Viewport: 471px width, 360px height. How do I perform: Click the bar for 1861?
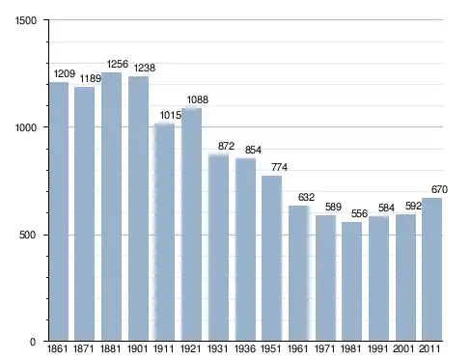59,211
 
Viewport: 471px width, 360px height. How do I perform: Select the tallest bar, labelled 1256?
111,207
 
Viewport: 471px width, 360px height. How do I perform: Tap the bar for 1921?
191,225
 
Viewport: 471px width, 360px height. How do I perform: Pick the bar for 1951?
271,258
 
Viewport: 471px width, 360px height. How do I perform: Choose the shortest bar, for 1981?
351,282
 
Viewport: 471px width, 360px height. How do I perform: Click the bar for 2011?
431,269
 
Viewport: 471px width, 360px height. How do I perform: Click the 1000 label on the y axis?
26,127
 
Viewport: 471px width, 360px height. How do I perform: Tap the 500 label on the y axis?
27,235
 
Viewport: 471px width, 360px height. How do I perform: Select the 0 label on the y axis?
33,342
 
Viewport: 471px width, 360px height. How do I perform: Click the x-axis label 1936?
245,348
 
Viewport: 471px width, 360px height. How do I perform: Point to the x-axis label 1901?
137,348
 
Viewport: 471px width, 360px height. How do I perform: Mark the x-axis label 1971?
324,348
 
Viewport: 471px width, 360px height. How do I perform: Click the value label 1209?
65,73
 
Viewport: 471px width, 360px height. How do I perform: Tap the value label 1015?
171,115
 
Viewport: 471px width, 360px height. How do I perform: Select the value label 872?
226,146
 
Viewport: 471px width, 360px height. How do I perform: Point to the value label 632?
306,197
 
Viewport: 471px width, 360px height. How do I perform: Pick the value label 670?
439,189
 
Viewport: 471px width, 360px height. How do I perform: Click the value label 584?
386,208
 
